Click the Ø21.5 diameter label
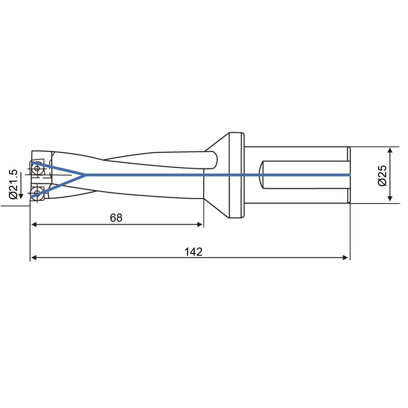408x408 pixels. pyautogui.click(x=13, y=184)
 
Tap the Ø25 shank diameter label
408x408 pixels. pyautogui.click(x=382, y=175)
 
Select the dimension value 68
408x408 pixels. pyautogui.click(x=116, y=218)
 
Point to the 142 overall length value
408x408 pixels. pyautogui.click(x=193, y=252)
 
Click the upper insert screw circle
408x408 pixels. pyautogui.click(x=37, y=168)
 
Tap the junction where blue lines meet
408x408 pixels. pyautogui.click(x=85, y=175)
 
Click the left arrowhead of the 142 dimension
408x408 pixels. pyautogui.click(x=34, y=257)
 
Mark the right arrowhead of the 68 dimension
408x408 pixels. pyautogui.click(x=200, y=224)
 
